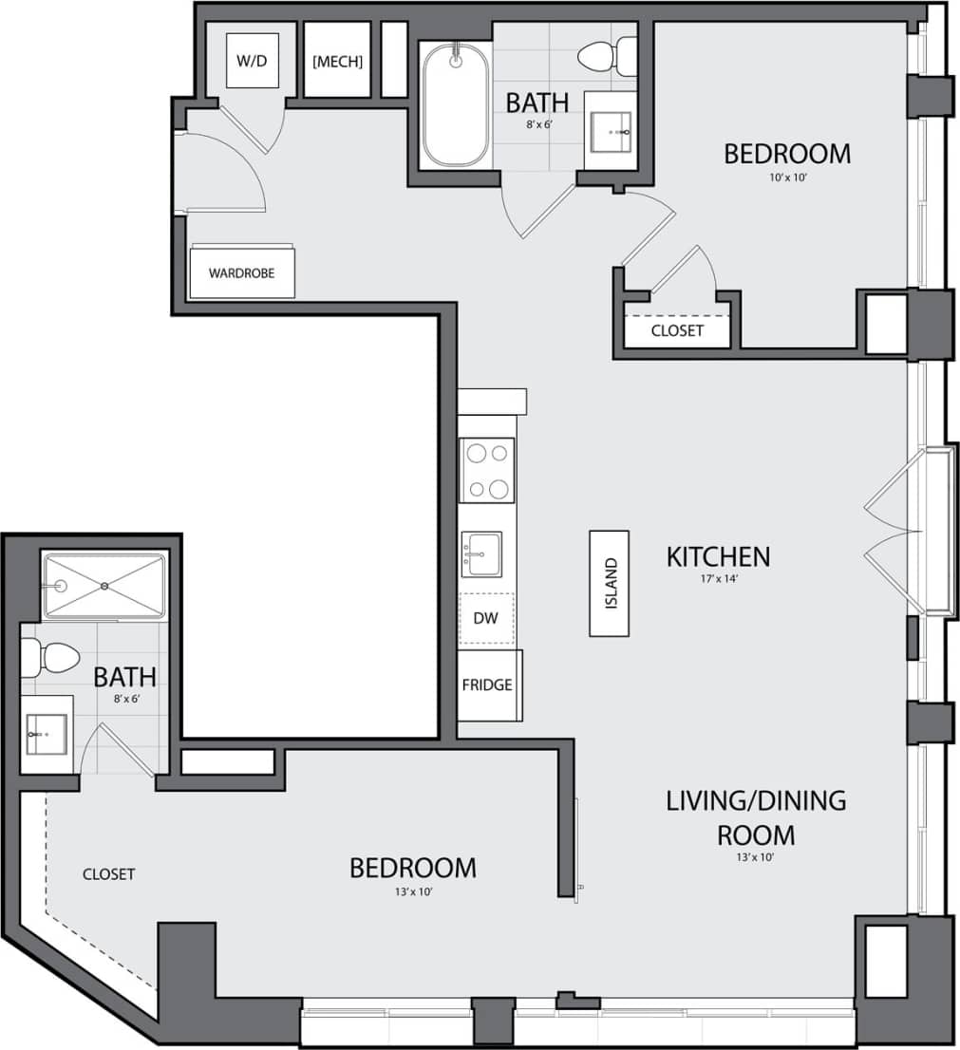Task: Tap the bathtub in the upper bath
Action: (456, 104)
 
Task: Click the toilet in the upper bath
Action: (607, 56)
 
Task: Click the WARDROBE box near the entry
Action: (242, 272)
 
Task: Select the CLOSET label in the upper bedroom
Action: (677, 330)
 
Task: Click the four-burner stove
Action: (486, 470)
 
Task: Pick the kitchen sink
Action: (482, 553)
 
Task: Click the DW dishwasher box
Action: (485, 618)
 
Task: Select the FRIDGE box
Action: (488, 684)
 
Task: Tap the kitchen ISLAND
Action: (609, 583)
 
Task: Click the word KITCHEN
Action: (718, 555)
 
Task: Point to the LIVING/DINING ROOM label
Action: (755, 817)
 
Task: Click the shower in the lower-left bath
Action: (103, 586)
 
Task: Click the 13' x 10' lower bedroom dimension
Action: (413, 891)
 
